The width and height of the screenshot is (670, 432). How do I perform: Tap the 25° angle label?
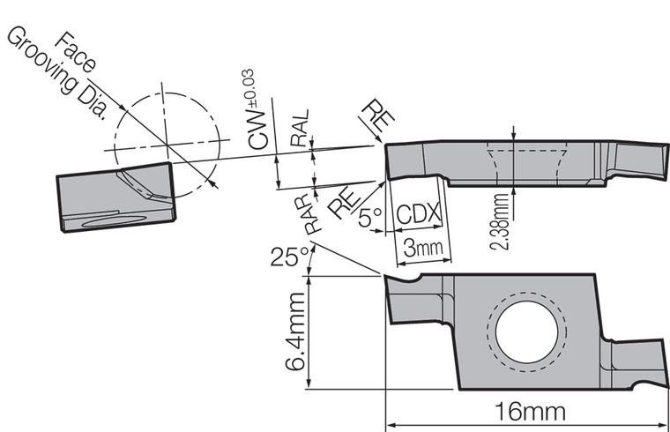(x=290, y=257)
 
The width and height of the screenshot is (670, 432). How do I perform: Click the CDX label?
(x=419, y=214)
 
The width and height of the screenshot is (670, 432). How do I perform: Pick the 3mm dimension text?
(x=421, y=246)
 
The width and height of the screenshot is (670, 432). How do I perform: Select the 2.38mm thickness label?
(x=501, y=221)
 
